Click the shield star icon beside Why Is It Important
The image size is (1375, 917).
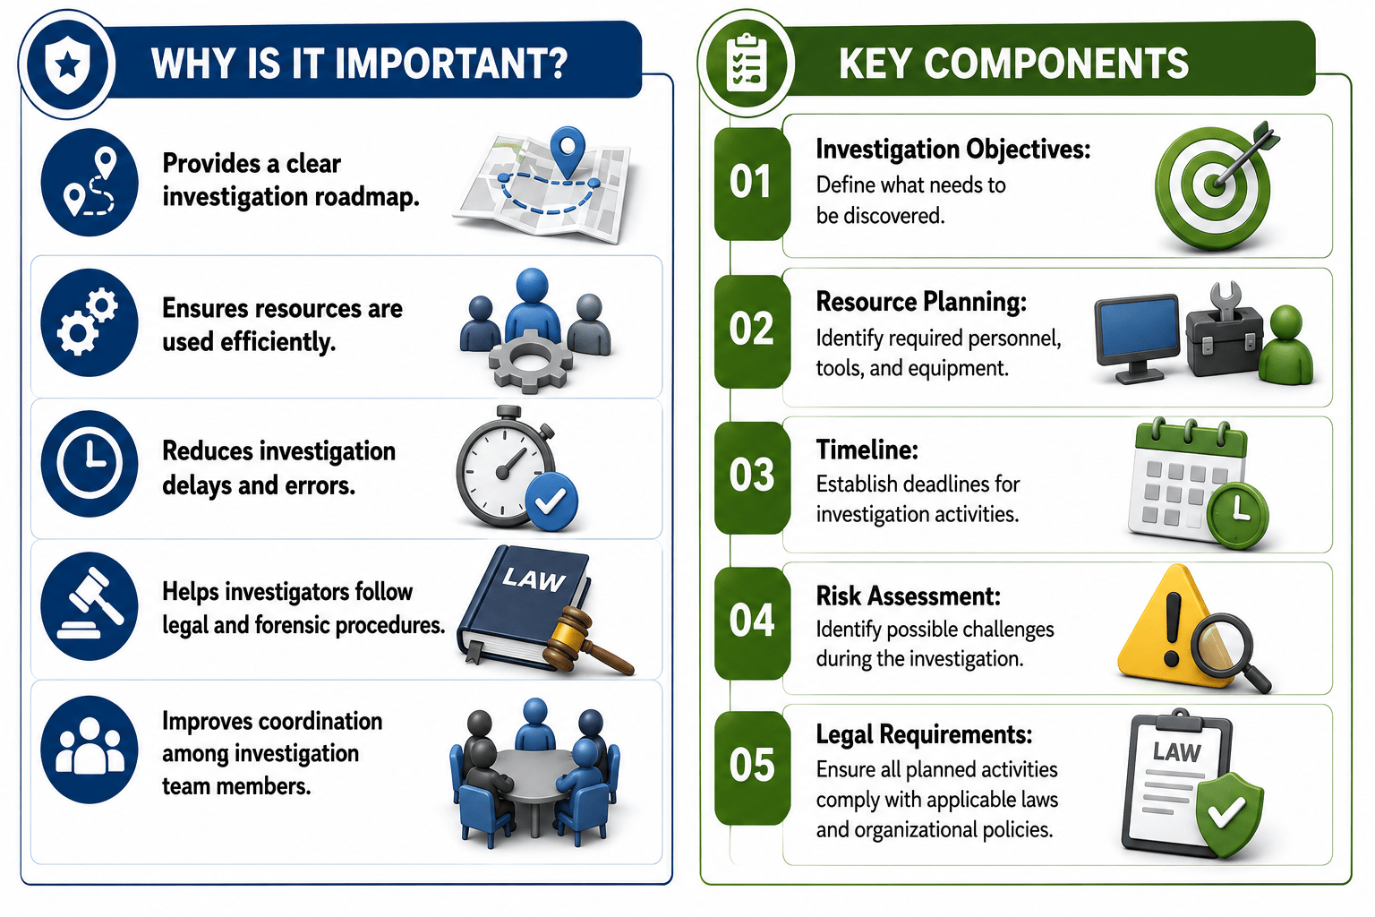coord(67,64)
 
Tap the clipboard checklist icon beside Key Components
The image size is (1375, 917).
coord(746,64)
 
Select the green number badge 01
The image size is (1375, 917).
coord(751,183)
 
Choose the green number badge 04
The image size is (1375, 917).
coord(751,621)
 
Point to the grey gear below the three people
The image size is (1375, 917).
coord(530,362)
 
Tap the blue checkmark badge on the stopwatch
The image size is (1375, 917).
coord(551,501)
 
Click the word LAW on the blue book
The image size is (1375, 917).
coord(533,579)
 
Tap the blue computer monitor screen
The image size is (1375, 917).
coord(1138,329)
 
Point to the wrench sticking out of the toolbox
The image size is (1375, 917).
coord(1226,301)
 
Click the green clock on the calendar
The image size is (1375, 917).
coord(1237,513)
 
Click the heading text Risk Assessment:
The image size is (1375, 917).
coord(908,596)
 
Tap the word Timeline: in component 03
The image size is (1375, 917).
coord(867,450)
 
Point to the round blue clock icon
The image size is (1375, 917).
coord(90,463)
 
